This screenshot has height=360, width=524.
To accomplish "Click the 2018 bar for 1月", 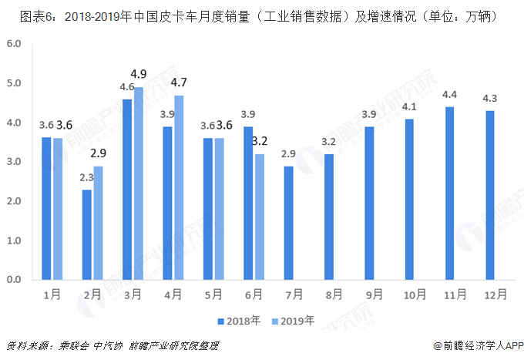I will point(47,208).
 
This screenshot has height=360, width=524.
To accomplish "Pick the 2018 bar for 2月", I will point(87,234).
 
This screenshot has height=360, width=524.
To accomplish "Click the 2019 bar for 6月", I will point(259,217).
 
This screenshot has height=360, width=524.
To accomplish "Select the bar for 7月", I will point(288,223).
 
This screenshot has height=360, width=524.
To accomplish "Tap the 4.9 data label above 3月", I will point(139,74).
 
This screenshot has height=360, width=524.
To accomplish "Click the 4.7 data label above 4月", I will point(179,82).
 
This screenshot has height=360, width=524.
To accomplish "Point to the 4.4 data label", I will point(449,95).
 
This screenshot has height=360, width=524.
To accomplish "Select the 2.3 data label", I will point(86,177).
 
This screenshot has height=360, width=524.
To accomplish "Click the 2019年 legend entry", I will point(294,321).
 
